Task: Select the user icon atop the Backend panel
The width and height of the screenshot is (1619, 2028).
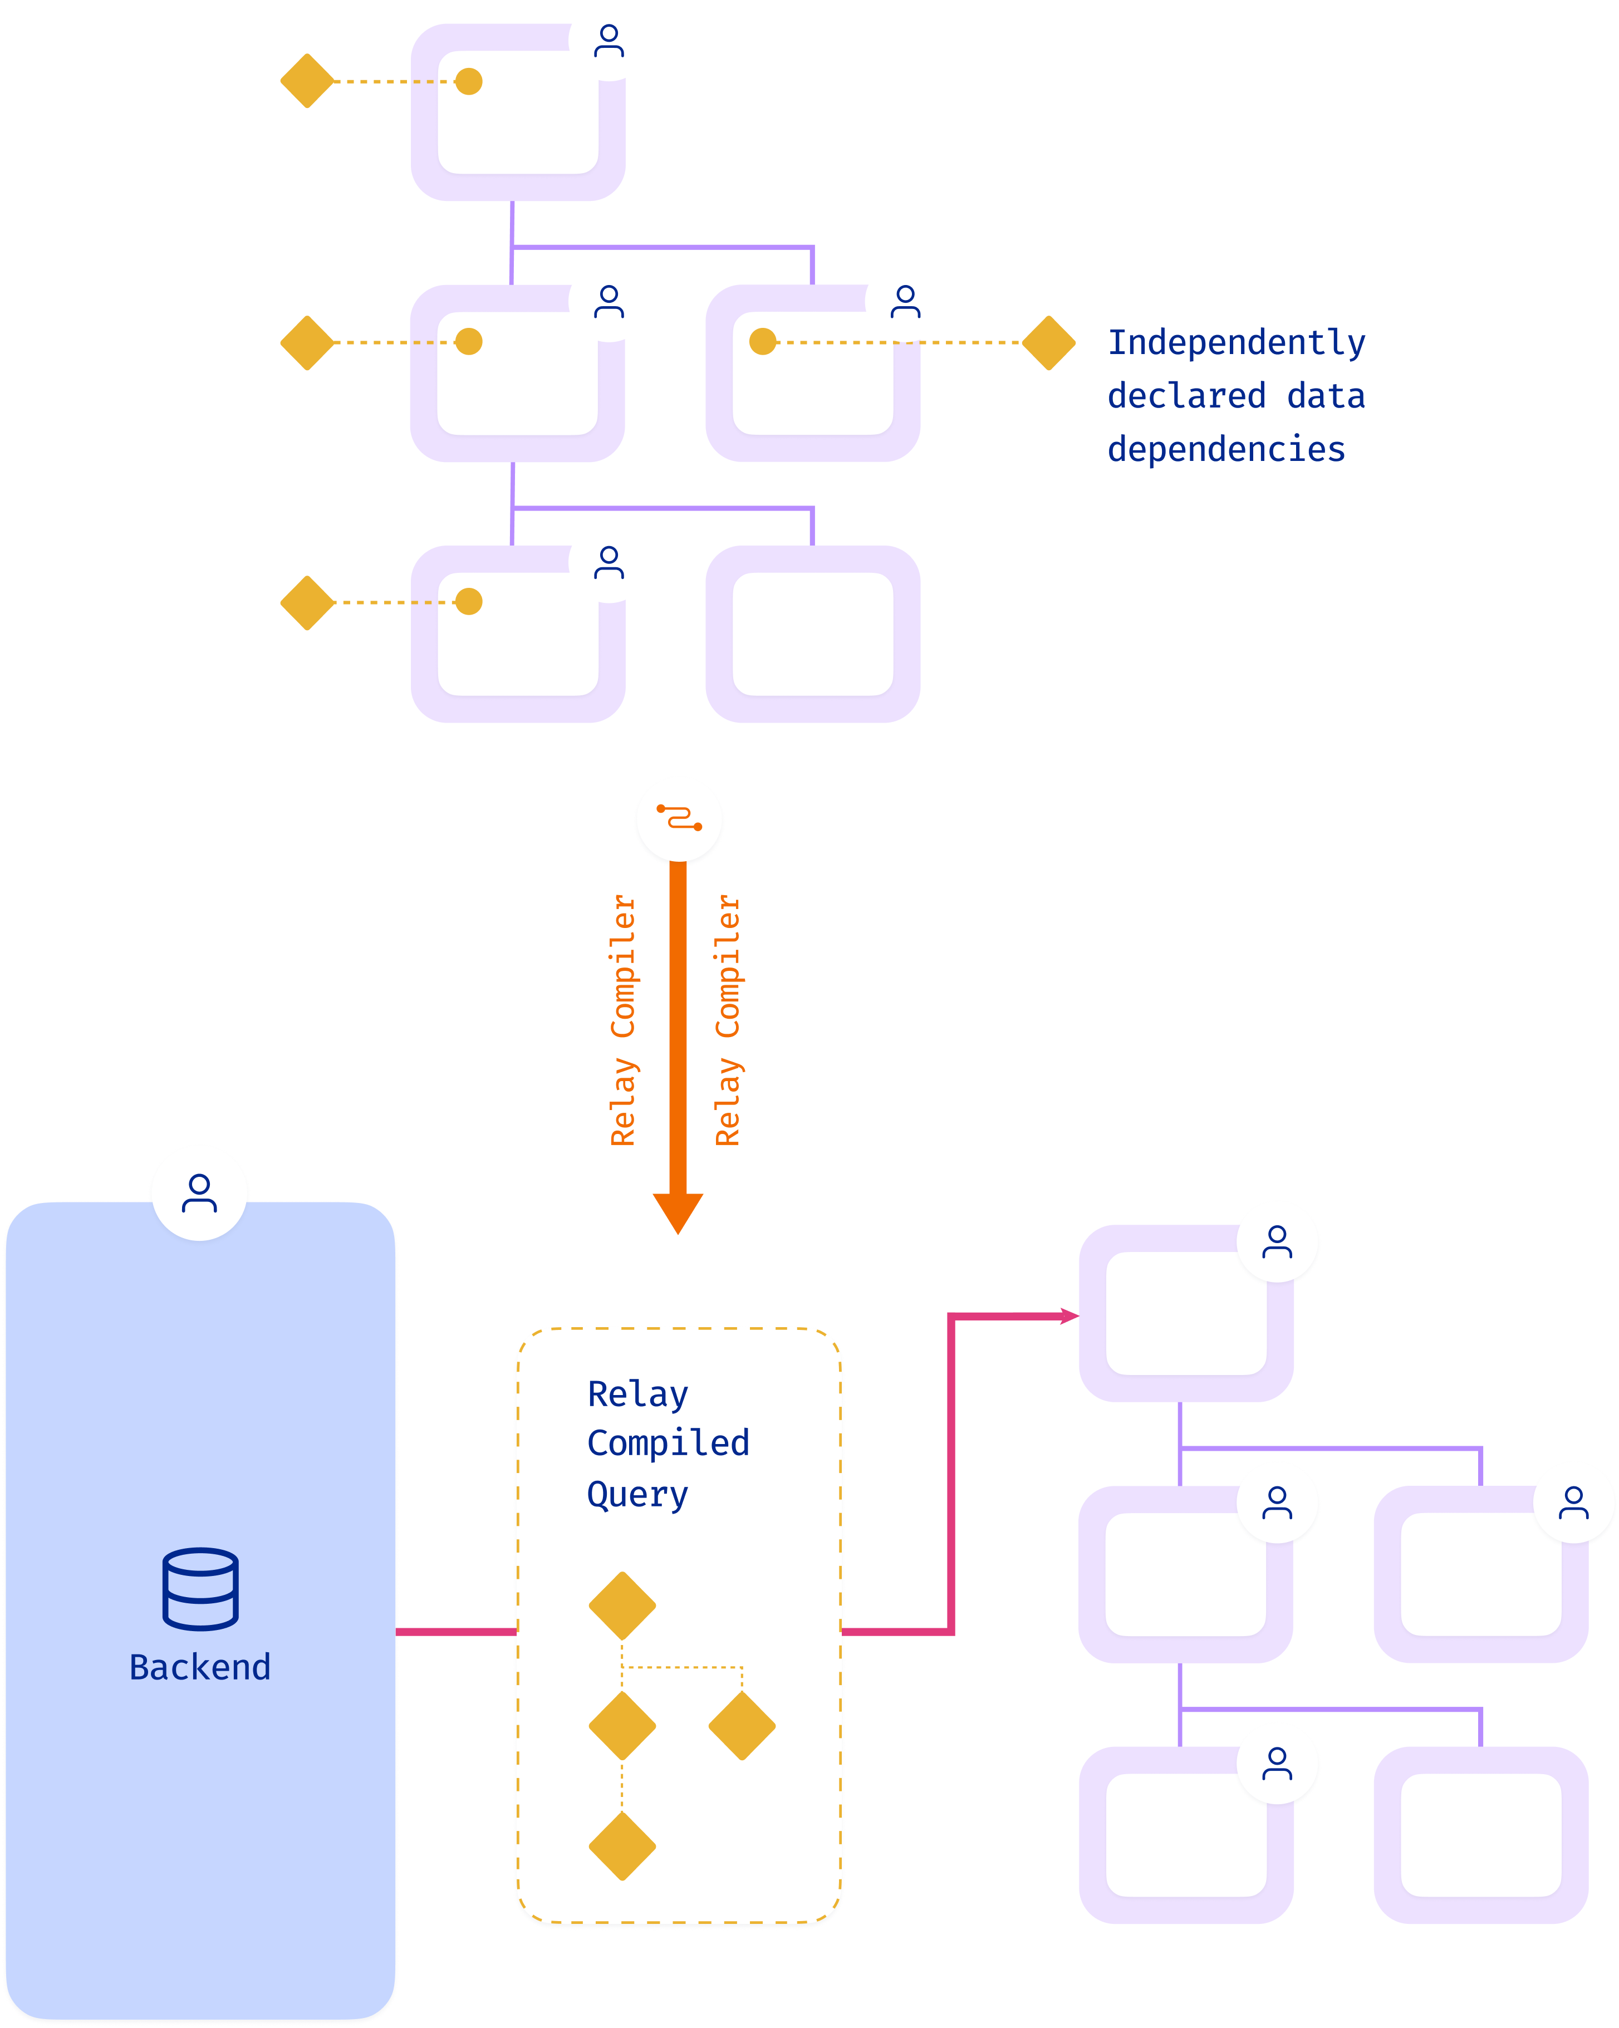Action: click(199, 1193)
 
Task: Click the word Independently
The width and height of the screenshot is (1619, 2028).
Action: click(1236, 342)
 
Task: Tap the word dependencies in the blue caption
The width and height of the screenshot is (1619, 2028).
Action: click(1226, 450)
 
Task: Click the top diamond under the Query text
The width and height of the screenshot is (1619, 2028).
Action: click(622, 1605)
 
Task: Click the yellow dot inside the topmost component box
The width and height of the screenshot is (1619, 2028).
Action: click(468, 82)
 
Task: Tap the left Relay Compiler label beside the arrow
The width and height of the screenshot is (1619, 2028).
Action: click(623, 1020)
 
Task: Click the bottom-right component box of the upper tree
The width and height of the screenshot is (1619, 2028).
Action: click(813, 634)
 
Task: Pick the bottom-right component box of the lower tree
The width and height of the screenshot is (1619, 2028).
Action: click(1481, 1834)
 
